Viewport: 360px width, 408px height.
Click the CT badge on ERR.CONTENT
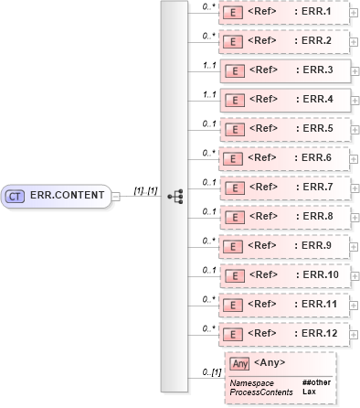(16, 195)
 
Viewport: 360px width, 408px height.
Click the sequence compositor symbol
(175, 196)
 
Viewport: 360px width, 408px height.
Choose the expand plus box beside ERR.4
(354, 99)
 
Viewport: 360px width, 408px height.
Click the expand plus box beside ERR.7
(354, 187)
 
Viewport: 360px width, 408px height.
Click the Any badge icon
(239, 363)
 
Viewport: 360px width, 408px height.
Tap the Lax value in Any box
(309, 392)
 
